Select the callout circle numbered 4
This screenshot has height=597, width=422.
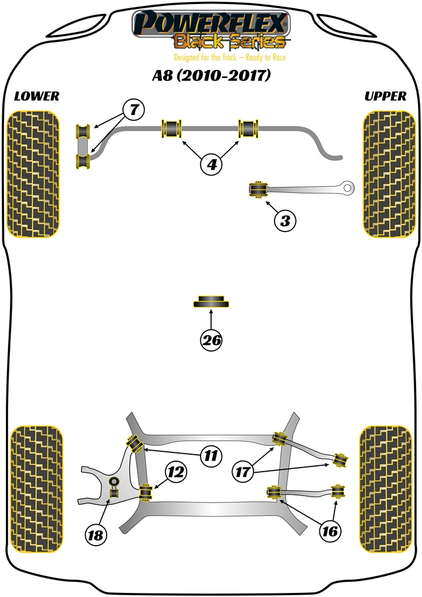coord(212,165)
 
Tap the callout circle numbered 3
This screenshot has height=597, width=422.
coord(285,221)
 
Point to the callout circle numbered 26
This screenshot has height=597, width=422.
coord(212,340)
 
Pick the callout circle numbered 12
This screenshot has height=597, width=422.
coord(177,474)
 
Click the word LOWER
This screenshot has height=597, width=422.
coord(37,96)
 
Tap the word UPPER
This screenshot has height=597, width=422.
coord(385,96)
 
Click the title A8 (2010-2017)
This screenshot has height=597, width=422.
coord(211,76)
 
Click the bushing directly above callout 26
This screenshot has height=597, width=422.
coord(211,302)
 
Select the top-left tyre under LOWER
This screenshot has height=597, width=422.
coord(34,174)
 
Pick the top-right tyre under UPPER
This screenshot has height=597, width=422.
coord(388,174)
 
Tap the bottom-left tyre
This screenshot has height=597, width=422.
coord(36,489)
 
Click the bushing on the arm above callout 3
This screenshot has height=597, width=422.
coord(258,190)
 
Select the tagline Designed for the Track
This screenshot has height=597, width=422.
coord(230,58)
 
